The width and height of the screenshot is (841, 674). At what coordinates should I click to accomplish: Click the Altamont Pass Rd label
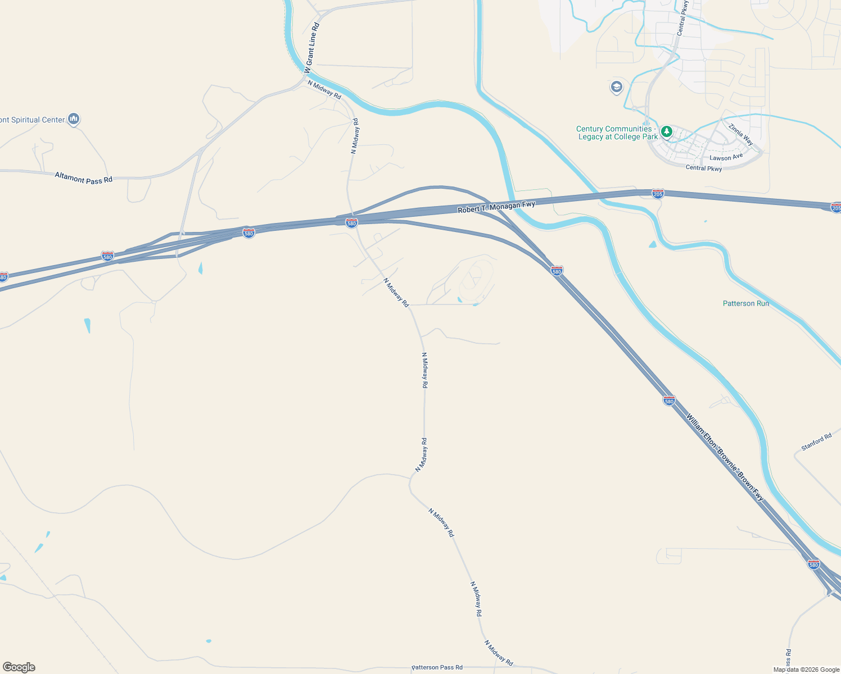tap(83, 178)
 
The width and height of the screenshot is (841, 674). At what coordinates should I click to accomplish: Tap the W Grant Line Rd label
tap(311, 48)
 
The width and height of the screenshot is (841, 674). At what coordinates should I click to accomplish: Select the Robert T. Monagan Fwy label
tap(496, 207)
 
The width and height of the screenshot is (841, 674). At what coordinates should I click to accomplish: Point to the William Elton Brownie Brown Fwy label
tap(725, 457)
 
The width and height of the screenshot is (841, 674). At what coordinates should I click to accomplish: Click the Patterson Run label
tap(745, 303)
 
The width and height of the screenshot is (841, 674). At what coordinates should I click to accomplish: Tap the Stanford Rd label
tap(816, 442)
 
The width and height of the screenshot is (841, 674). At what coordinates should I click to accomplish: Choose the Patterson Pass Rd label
tap(437, 667)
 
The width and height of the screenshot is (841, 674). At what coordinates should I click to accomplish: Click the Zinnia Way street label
tap(740, 135)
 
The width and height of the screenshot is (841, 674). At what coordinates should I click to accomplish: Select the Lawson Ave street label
tap(726, 157)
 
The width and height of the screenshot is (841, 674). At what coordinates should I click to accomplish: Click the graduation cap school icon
tap(617, 88)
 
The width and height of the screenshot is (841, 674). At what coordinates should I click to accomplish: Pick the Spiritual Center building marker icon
tap(74, 119)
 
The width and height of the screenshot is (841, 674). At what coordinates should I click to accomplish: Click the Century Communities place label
tap(617, 133)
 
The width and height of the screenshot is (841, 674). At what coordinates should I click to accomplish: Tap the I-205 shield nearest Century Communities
tap(658, 194)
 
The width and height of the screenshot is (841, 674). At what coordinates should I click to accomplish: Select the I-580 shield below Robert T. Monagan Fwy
tap(351, 223)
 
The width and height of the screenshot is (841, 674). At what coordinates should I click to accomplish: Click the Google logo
tap(19, 667)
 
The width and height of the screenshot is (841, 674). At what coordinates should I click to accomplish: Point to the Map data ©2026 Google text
tap(806, 670)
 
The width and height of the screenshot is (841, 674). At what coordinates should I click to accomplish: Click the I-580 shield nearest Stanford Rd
tap(669, 400)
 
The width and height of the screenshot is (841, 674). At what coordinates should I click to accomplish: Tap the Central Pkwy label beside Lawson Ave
tap(703, 168)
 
